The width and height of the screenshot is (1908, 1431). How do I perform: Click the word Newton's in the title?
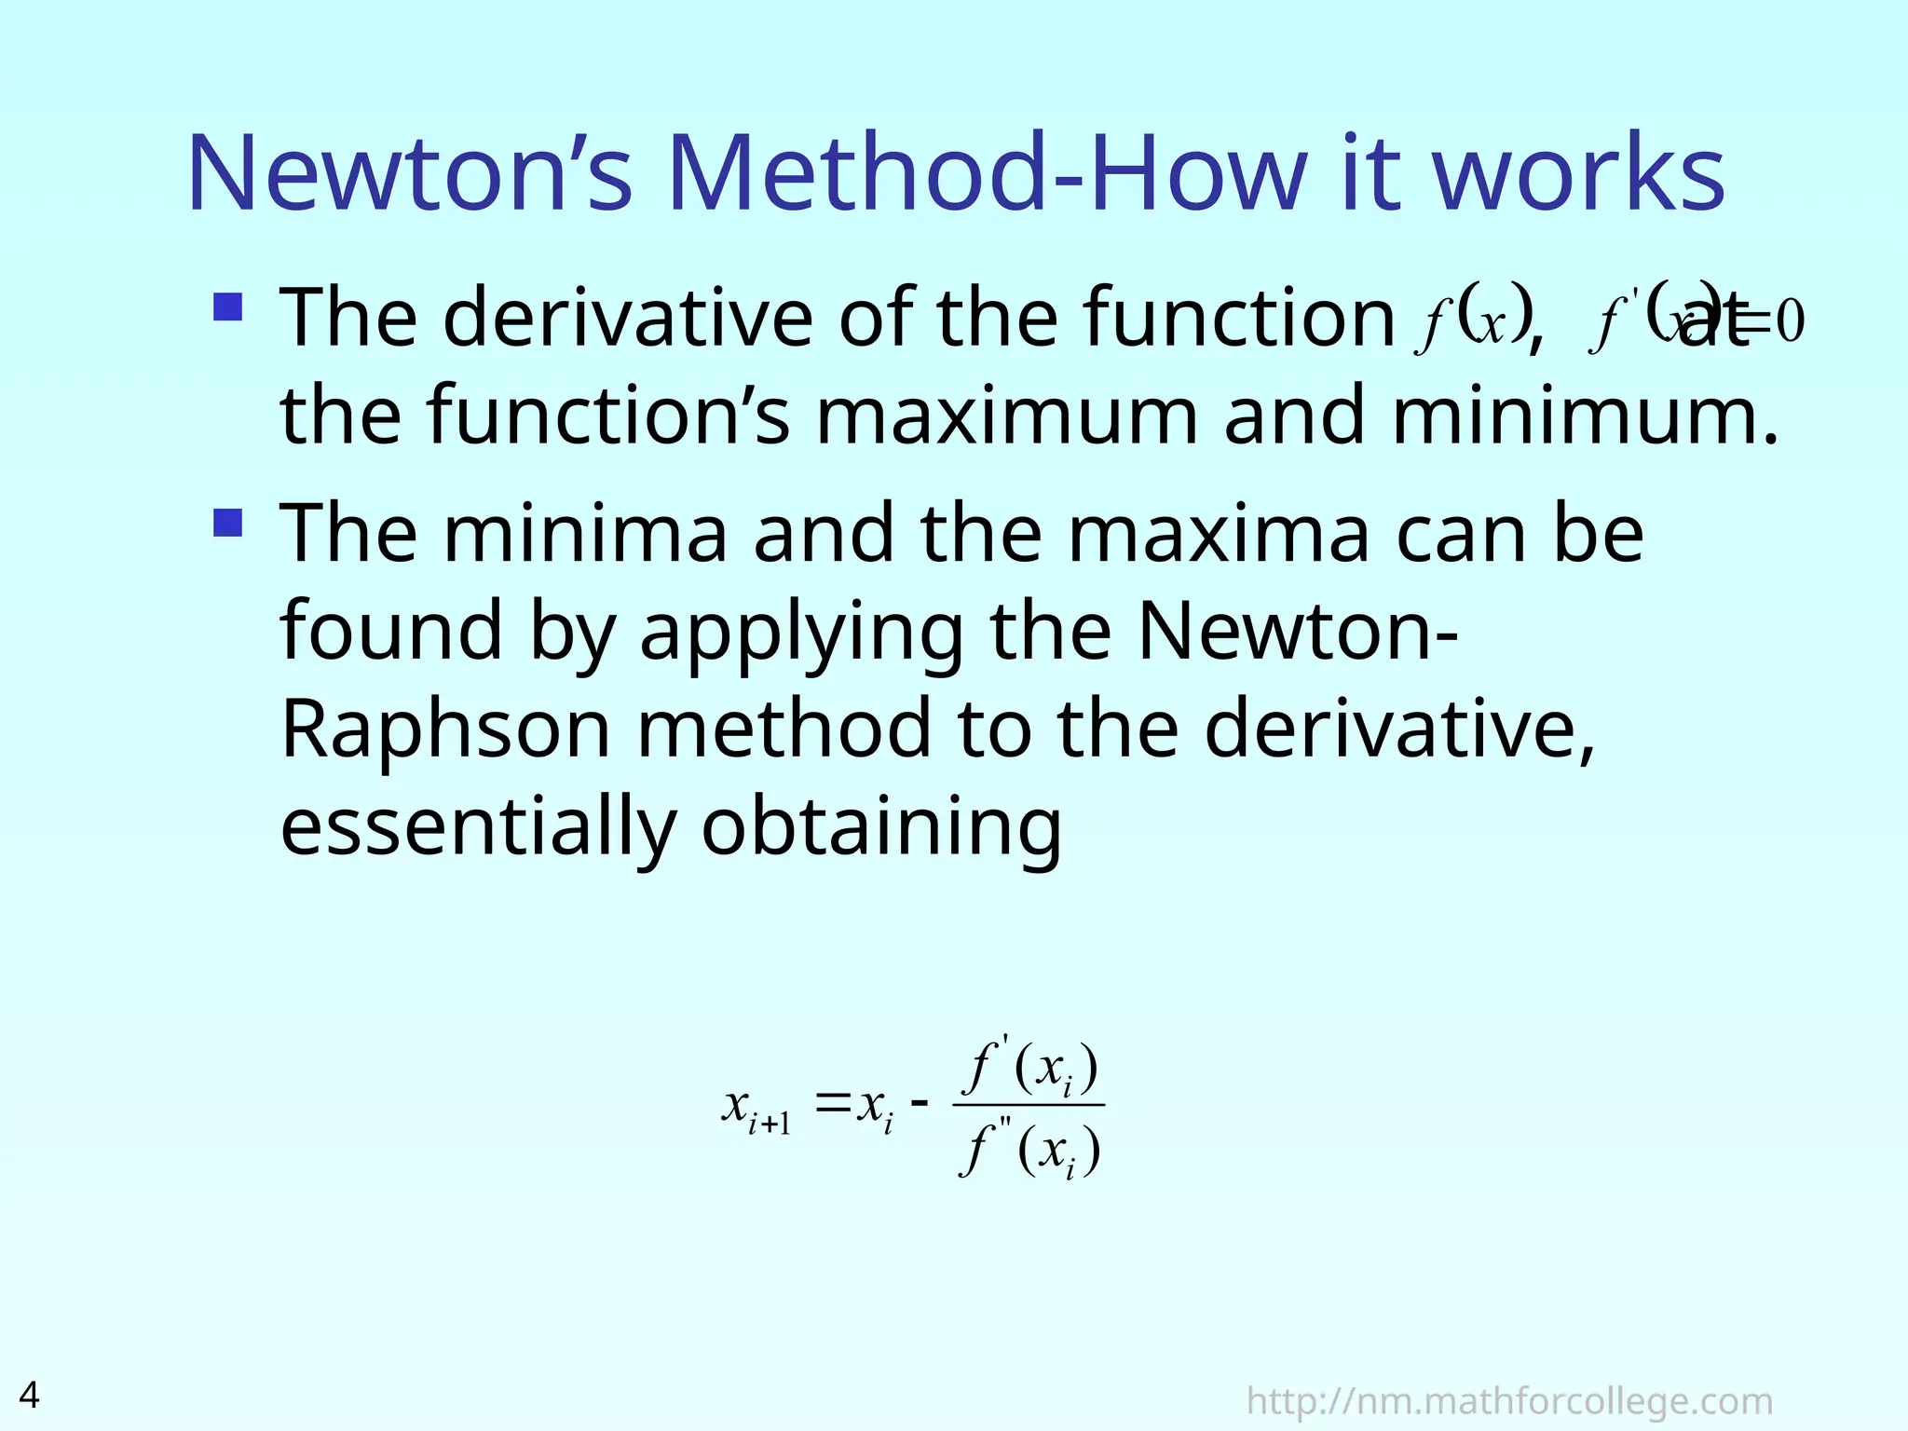[410, 174]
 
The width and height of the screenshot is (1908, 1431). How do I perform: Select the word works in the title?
[1578, 174]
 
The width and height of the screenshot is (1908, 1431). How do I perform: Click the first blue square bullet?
[228, 307]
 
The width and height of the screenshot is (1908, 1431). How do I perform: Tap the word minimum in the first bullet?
[1584, 416]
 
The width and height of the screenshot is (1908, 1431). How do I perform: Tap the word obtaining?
[881, 827]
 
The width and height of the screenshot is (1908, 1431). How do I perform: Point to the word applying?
[802, 632]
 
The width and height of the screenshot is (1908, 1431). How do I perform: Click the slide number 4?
[30, 1395]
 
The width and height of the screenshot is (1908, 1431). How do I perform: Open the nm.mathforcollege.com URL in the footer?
[1508, 1400]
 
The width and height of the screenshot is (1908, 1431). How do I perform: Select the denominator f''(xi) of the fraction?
[1029, 1151]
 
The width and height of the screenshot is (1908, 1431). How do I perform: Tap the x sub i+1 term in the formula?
[756, 1110]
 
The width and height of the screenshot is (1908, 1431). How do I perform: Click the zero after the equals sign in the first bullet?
[1789, 322]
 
